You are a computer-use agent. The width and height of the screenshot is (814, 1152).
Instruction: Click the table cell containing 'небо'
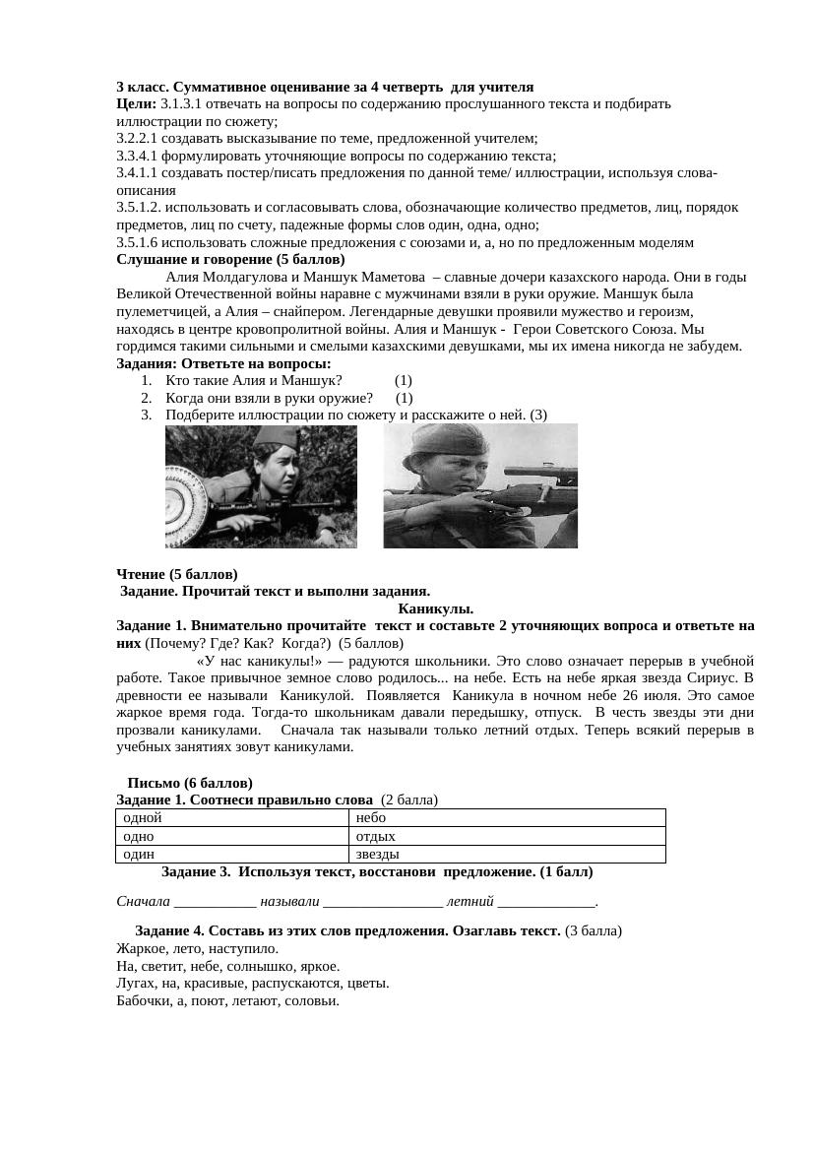coord(507,817)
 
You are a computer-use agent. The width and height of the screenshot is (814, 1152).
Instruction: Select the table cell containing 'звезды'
coord(507,854)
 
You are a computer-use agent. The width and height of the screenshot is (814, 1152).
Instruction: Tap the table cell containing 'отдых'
coord(507,836)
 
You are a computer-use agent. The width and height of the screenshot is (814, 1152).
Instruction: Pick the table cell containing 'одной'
coord(232,817)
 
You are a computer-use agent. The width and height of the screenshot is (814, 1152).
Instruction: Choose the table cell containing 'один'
coord(232,854)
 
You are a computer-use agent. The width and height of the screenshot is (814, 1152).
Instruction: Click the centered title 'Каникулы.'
coord(435,608)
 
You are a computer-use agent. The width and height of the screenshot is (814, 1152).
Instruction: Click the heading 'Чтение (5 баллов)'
coord(177,574)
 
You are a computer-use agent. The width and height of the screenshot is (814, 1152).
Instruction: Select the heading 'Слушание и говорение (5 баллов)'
coord(230,260)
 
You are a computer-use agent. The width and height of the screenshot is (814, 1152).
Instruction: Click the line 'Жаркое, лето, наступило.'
coord(197,948)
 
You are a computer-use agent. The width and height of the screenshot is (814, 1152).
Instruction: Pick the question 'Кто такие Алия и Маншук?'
coord(254,381)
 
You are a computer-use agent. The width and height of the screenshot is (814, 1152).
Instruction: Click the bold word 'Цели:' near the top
coord(136,103)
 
